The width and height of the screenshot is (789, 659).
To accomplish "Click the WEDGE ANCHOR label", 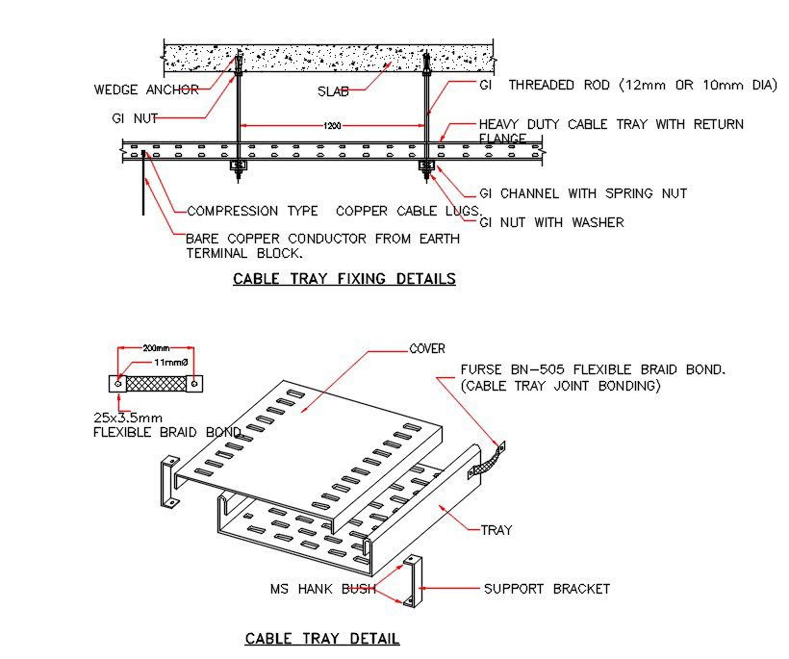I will [146, 90].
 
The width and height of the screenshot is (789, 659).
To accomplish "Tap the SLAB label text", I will [333, 91].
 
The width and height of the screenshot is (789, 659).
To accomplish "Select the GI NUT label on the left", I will [135, 118].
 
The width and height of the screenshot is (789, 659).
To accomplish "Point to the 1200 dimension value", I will [333, 126].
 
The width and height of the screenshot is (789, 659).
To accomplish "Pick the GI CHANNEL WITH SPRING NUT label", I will [583, 193].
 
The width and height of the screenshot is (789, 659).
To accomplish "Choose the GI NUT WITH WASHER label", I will [551, 222].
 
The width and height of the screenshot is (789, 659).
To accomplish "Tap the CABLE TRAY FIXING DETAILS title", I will [344, 279].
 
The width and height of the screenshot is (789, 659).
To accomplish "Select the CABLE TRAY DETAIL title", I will [322, 638].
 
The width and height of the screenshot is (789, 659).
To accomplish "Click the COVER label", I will [427, 348].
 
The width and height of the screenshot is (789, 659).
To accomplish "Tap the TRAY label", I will [496, 529].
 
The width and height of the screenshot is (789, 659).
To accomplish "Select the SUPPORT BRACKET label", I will [547, 589].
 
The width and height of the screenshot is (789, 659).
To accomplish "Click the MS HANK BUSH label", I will [322, 589].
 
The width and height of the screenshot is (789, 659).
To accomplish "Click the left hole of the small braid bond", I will [117, 384].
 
